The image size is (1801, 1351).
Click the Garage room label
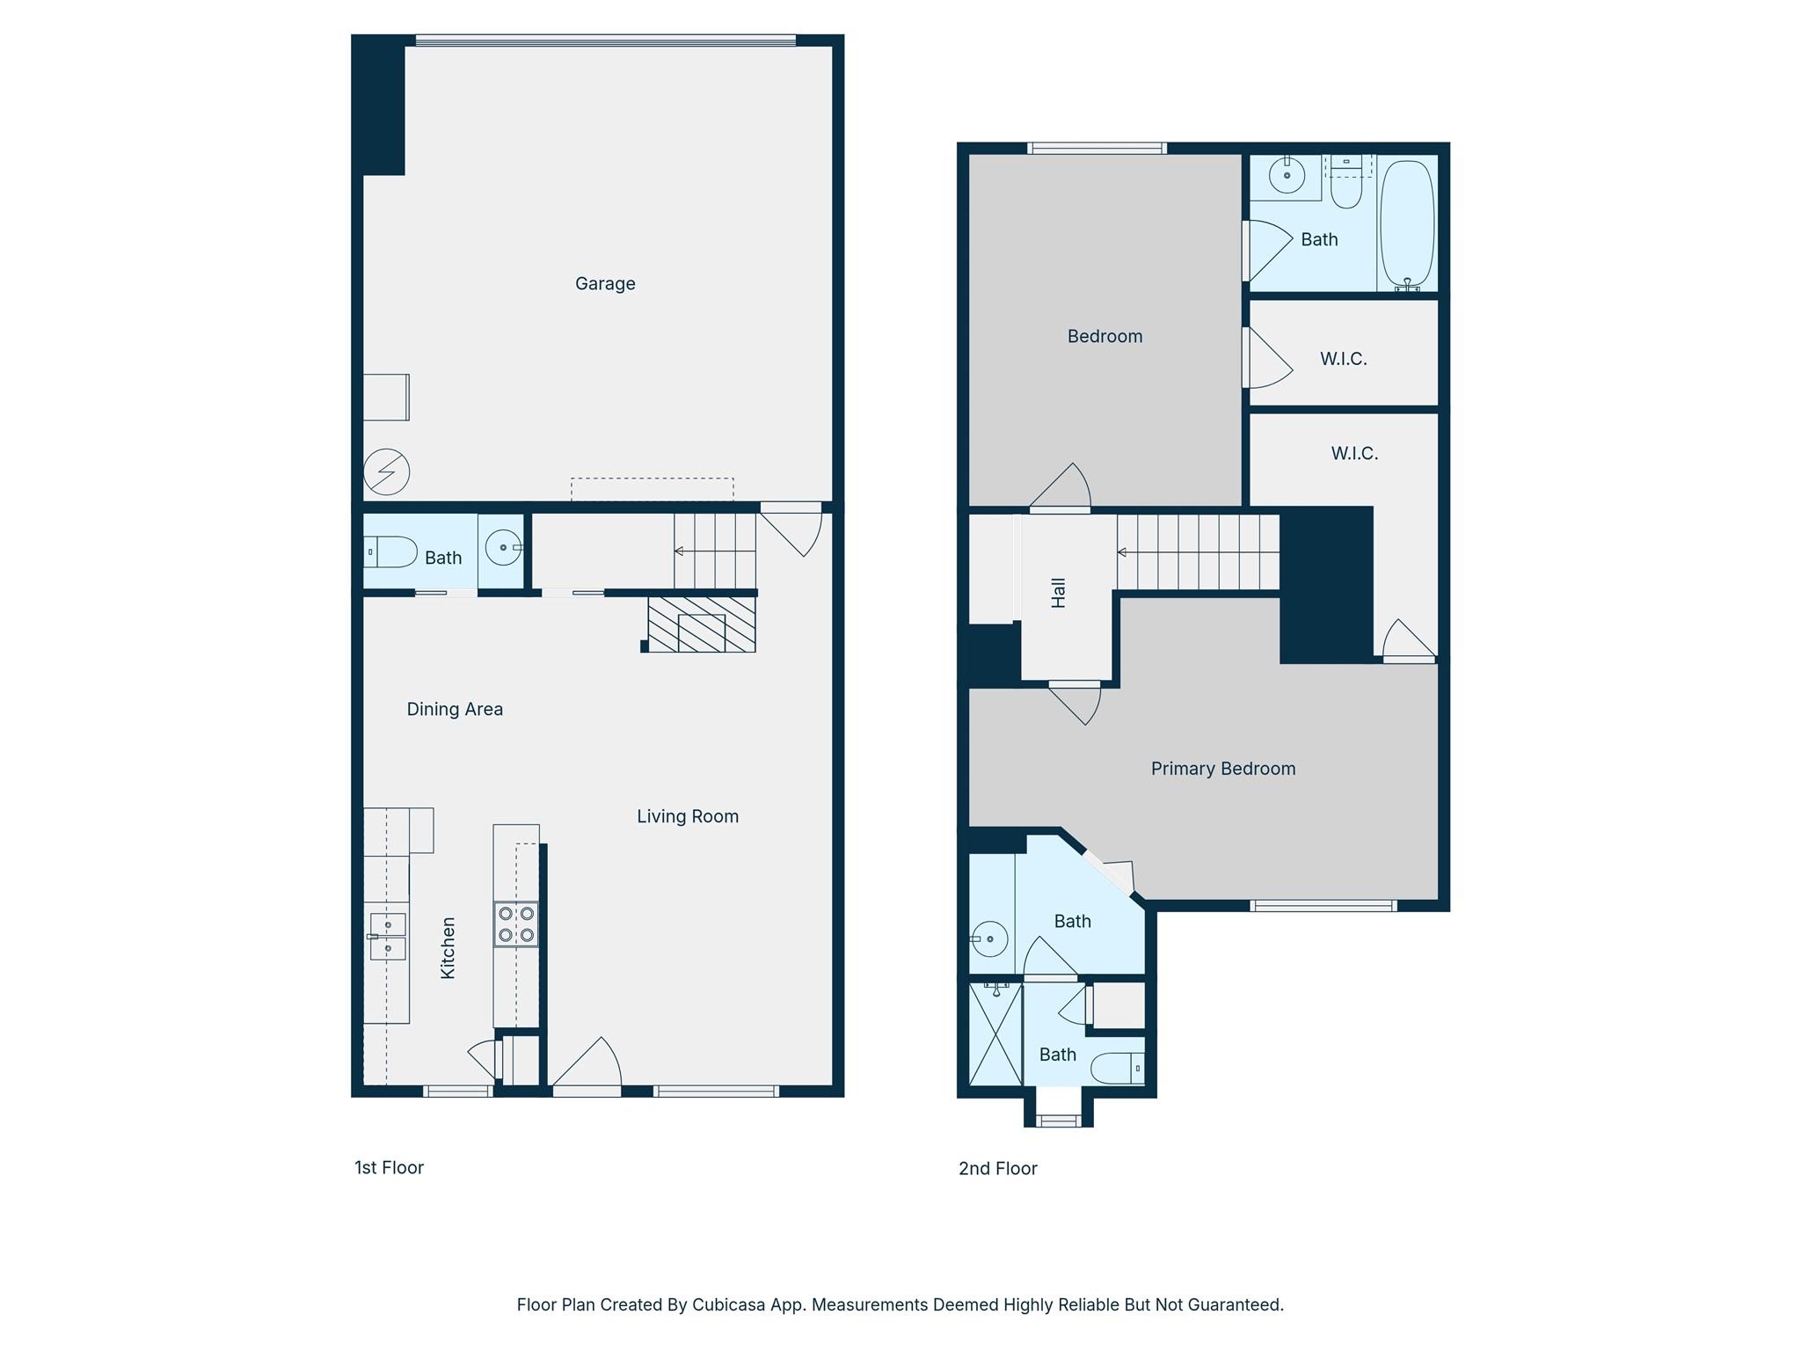(x=605, y=283)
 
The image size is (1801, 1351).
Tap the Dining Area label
(x=455, y=709)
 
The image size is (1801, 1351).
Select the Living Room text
(x=688, y=816)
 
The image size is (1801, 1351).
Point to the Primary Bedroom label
(x=1223, y=769)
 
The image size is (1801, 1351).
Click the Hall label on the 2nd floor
(x=1059, y=593)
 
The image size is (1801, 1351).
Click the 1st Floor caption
(x=389, y=1167)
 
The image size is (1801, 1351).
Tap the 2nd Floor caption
(x=998, y=1168)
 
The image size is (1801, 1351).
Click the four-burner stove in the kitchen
(x=516, y=924)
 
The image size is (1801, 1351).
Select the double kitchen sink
(x=387, y=937)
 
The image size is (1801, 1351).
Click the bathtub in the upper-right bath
(x=1407, y=224)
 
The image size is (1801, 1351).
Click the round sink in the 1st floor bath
(x=504, y=548)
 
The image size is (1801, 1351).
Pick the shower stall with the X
(x=995, y=1034)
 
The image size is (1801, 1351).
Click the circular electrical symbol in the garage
(x=387, y=471)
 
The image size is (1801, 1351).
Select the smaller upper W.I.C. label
(x=1343, y=359)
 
